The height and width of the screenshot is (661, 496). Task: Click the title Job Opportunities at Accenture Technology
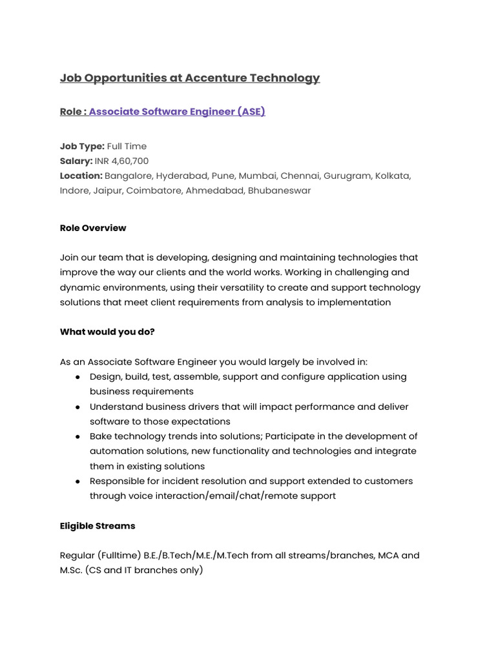189,78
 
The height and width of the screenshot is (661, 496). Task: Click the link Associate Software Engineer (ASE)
177,112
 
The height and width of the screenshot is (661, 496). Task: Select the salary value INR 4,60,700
121,161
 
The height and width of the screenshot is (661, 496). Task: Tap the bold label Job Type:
82,147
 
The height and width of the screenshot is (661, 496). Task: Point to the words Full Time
127,147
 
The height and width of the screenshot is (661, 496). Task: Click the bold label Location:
81,176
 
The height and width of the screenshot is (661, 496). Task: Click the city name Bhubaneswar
279,190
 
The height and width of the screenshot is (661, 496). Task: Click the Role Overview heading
93,228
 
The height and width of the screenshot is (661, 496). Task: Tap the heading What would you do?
107,332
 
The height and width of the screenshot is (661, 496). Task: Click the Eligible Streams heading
98,526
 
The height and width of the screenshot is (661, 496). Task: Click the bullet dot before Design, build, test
77,377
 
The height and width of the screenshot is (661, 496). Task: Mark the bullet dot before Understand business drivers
77,407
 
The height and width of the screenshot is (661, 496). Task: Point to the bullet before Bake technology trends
77,437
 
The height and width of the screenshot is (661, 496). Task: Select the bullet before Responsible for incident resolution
77,482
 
